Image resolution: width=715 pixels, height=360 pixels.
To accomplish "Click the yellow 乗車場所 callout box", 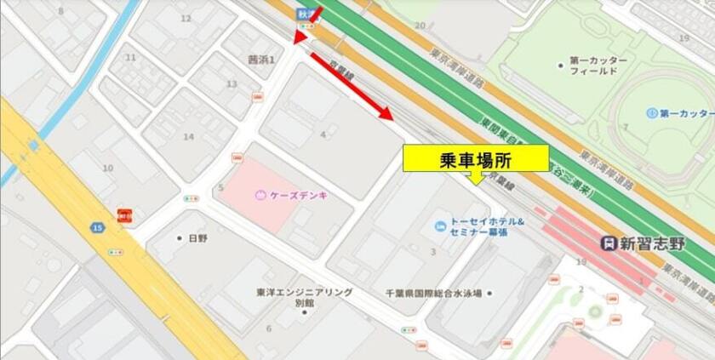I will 475,158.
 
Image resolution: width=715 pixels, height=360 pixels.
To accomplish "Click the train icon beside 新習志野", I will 608,243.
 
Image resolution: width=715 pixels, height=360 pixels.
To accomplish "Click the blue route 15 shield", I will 99,227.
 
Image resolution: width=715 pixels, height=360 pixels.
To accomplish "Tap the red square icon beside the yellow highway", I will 124,215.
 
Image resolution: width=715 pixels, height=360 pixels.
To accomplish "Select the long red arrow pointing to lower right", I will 351,87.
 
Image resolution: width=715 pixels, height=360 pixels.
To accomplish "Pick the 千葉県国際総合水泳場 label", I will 432,293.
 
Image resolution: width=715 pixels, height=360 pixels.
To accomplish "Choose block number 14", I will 188,136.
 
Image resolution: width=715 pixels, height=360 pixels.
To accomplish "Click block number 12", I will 186,18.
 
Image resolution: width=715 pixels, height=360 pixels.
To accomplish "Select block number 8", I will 60,11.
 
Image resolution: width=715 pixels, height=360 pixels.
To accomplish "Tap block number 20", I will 419,26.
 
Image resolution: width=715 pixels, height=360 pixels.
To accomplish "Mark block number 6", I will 269,328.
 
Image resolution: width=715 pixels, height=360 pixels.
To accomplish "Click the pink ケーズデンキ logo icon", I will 261,195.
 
